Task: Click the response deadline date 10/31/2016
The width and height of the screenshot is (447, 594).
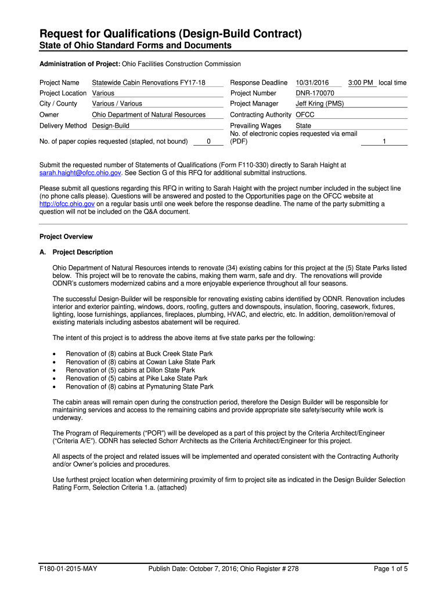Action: pos(312,83)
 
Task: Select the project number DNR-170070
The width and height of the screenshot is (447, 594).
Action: pos(315,93)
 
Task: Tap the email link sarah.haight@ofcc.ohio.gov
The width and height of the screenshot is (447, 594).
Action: pos(80,173)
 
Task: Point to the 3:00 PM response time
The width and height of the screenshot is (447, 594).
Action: pos(361,83)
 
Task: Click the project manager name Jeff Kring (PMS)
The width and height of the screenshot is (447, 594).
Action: pos(319,104)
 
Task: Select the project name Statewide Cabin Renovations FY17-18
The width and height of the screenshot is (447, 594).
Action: pos(149,83)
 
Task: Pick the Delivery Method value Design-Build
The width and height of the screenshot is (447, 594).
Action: pos(111,126)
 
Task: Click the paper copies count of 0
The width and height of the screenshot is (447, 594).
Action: pos(208,141)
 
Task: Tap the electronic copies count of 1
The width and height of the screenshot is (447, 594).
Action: pos(384,141)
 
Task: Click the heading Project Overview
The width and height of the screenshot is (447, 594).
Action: pos(66,237)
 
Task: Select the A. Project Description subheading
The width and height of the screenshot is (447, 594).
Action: pos(76,252)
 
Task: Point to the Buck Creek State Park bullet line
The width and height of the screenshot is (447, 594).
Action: pos(139,354)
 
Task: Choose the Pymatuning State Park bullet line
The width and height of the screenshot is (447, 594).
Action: pos(139,386)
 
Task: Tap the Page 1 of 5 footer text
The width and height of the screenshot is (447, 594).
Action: pos(391,569)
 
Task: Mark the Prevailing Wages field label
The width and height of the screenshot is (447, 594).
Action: pos(256,126)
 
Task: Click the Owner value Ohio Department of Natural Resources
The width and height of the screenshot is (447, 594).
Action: pos(149,115)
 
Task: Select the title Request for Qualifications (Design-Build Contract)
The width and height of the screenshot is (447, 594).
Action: pos(170,34)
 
